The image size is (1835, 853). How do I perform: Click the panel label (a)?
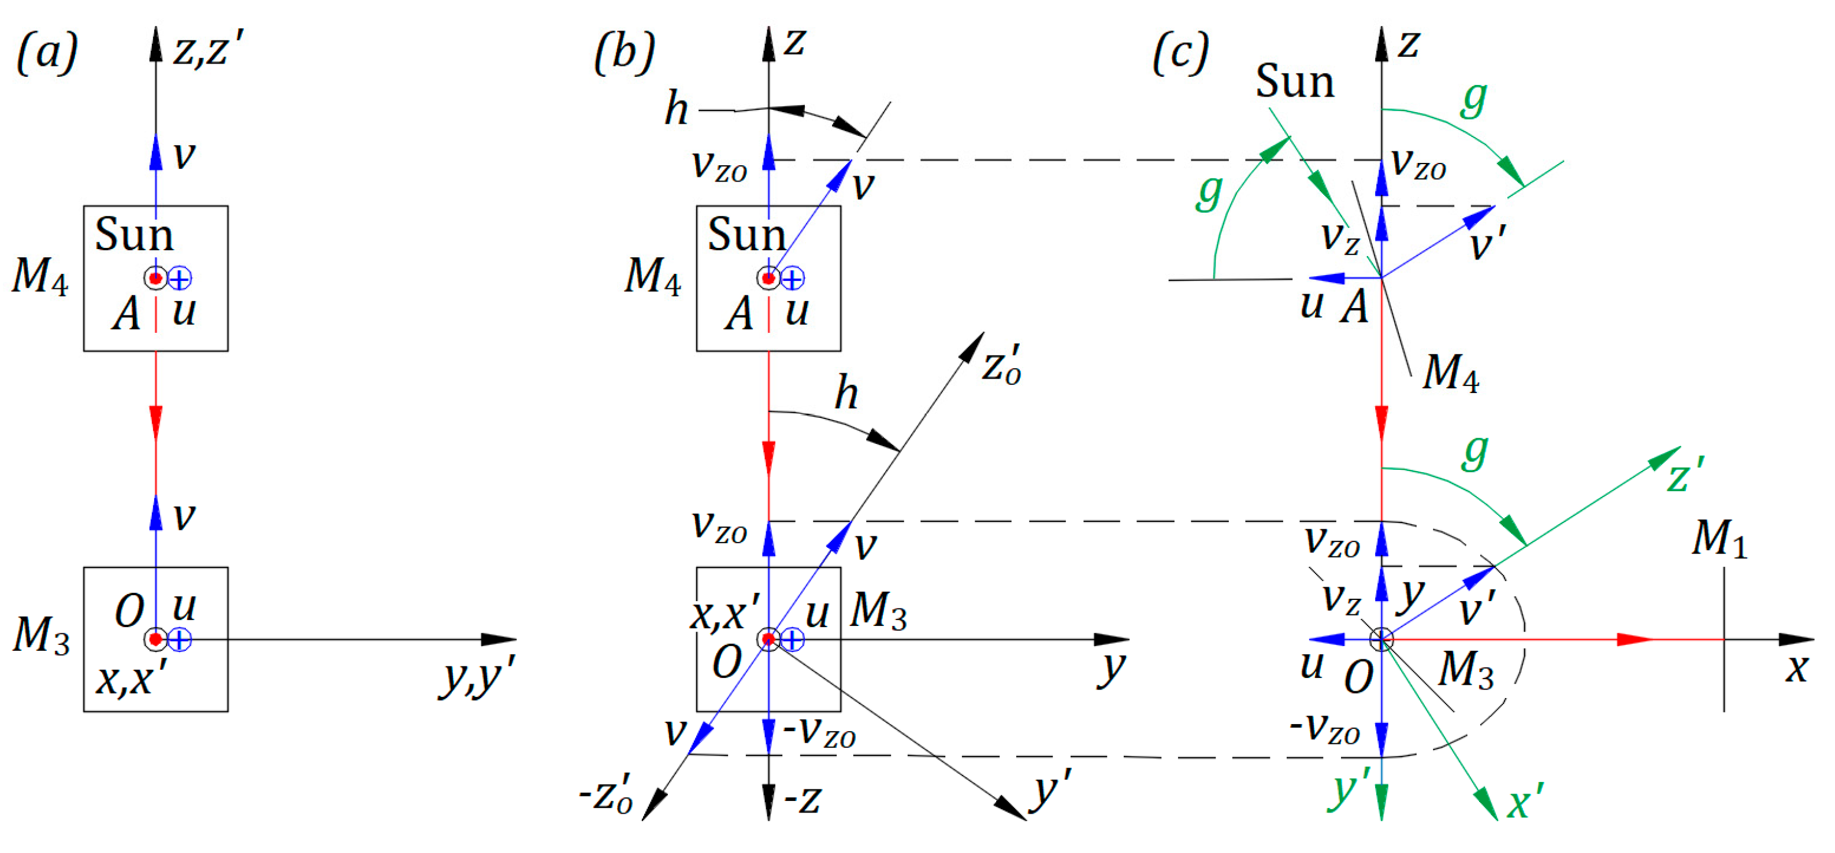pos(47,53)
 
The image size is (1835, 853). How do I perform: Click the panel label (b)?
pos(624,53)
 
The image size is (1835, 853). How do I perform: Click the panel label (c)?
pos(1180,53)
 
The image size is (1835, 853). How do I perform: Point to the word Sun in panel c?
pos(1294,82)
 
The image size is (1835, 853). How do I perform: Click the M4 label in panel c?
pos(1450,372)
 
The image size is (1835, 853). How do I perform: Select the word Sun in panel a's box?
pos(134,235)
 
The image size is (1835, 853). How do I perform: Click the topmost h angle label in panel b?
pos(676,110)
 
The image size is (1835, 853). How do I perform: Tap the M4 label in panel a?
pos(40,276)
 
